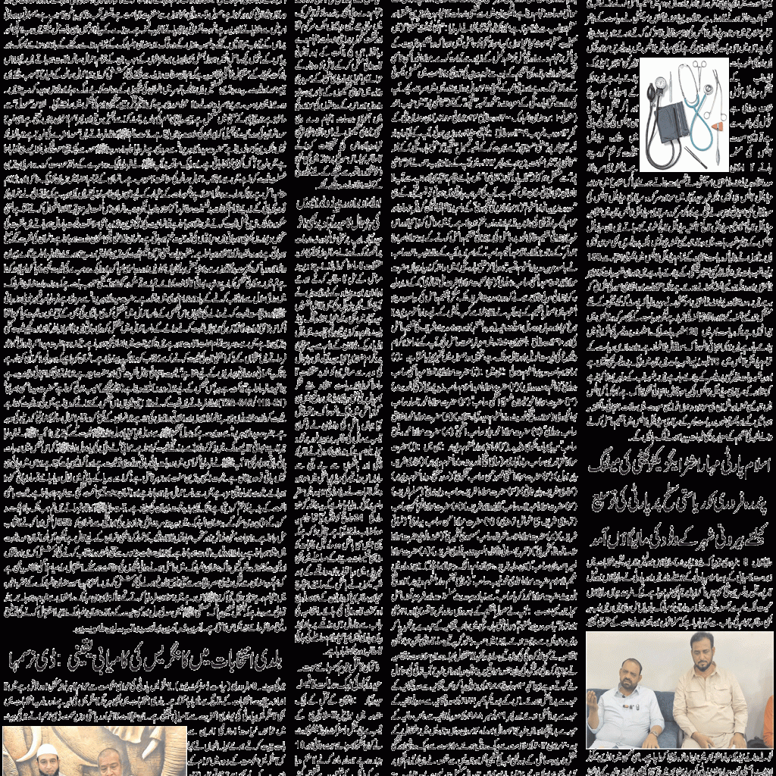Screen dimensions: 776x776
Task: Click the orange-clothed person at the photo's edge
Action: click(768, 720)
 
